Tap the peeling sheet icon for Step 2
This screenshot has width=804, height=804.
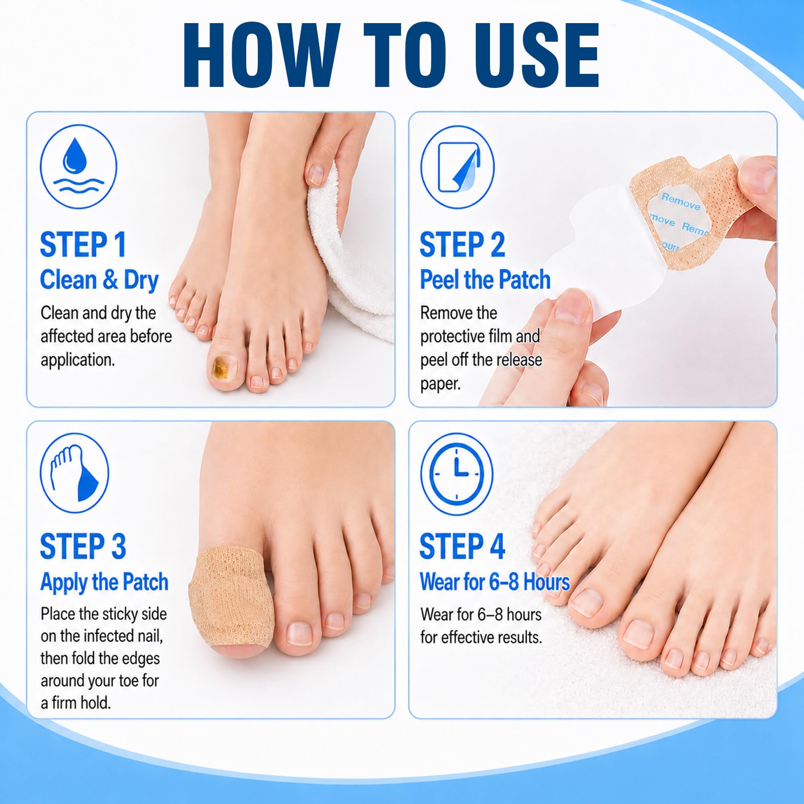pos(458,167)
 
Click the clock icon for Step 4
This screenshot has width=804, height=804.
pos(456,474)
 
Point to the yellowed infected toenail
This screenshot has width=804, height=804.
pos(220,367)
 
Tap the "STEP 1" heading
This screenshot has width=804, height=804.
pos(83,245)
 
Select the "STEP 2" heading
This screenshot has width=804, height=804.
pos(462,245)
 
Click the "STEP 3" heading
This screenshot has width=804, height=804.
pos(83,546)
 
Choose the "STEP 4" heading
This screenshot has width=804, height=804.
pos(462,546)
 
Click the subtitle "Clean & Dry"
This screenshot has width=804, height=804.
pos(99,280)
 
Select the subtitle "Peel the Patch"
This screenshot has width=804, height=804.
pos(485,280)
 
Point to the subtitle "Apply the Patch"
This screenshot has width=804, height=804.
pos(104,582)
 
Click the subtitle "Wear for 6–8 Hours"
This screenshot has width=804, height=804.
pos(495,582)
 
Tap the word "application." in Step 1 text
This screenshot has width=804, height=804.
pos(78,360)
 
